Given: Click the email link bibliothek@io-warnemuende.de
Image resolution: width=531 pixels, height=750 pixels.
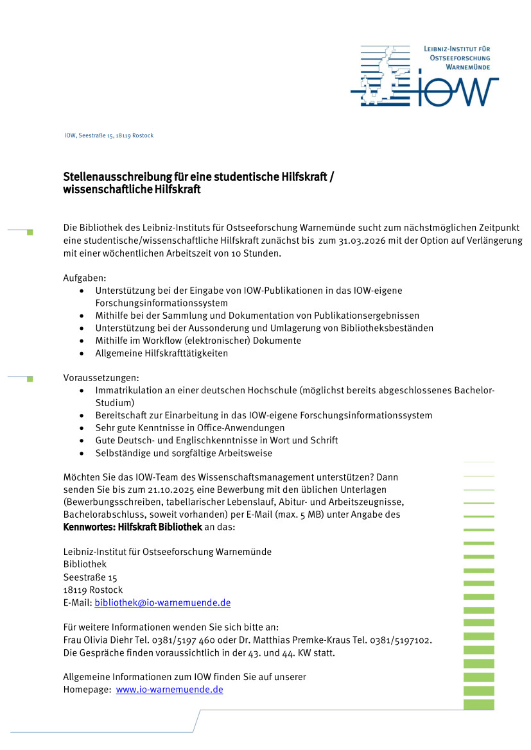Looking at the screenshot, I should [x=162, y=602].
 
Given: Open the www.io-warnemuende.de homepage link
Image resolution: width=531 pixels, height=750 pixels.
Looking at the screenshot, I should [x=170, y=689].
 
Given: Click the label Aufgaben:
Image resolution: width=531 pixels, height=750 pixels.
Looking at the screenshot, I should [x=85, y=278].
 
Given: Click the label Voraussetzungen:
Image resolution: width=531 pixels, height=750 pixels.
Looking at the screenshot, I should [x=101, y=378].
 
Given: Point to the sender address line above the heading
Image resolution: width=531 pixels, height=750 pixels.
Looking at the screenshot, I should [x=109, y=135].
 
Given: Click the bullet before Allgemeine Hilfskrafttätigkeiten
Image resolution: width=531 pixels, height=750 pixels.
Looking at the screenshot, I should [x=81, y=353].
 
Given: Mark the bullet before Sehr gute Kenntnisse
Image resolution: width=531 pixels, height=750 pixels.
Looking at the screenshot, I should [x=81, y=428].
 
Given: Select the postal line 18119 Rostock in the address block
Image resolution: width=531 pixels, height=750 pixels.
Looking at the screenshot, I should [x=92, y=590].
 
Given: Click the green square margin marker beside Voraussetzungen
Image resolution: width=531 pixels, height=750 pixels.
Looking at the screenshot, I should [x=30, y=379].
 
